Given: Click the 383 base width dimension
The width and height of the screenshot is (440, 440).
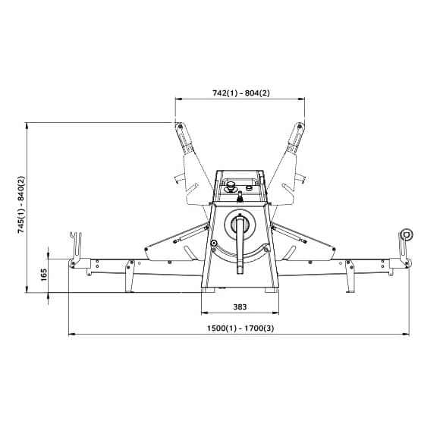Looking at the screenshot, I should (240, 306).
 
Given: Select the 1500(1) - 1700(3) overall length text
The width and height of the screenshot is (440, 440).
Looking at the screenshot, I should (240, 328).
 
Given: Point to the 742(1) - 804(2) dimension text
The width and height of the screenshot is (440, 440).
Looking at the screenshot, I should (240, 93).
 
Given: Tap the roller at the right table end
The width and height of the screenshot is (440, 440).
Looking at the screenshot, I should (407, 234).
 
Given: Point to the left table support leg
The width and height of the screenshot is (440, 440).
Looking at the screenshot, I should (130, 276).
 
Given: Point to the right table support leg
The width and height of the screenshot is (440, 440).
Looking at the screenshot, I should (350, 276).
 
